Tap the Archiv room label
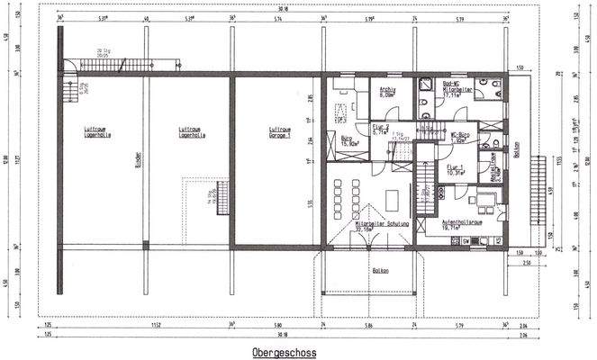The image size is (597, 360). pyautogui.click(x=388, y=92)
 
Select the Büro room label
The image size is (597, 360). pyautogui.click(x=348, y=140)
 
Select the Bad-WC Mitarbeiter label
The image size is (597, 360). pyautogui.click(x=457, y=88)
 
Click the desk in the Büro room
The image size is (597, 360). pyautogui.click(x=343, y=112)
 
